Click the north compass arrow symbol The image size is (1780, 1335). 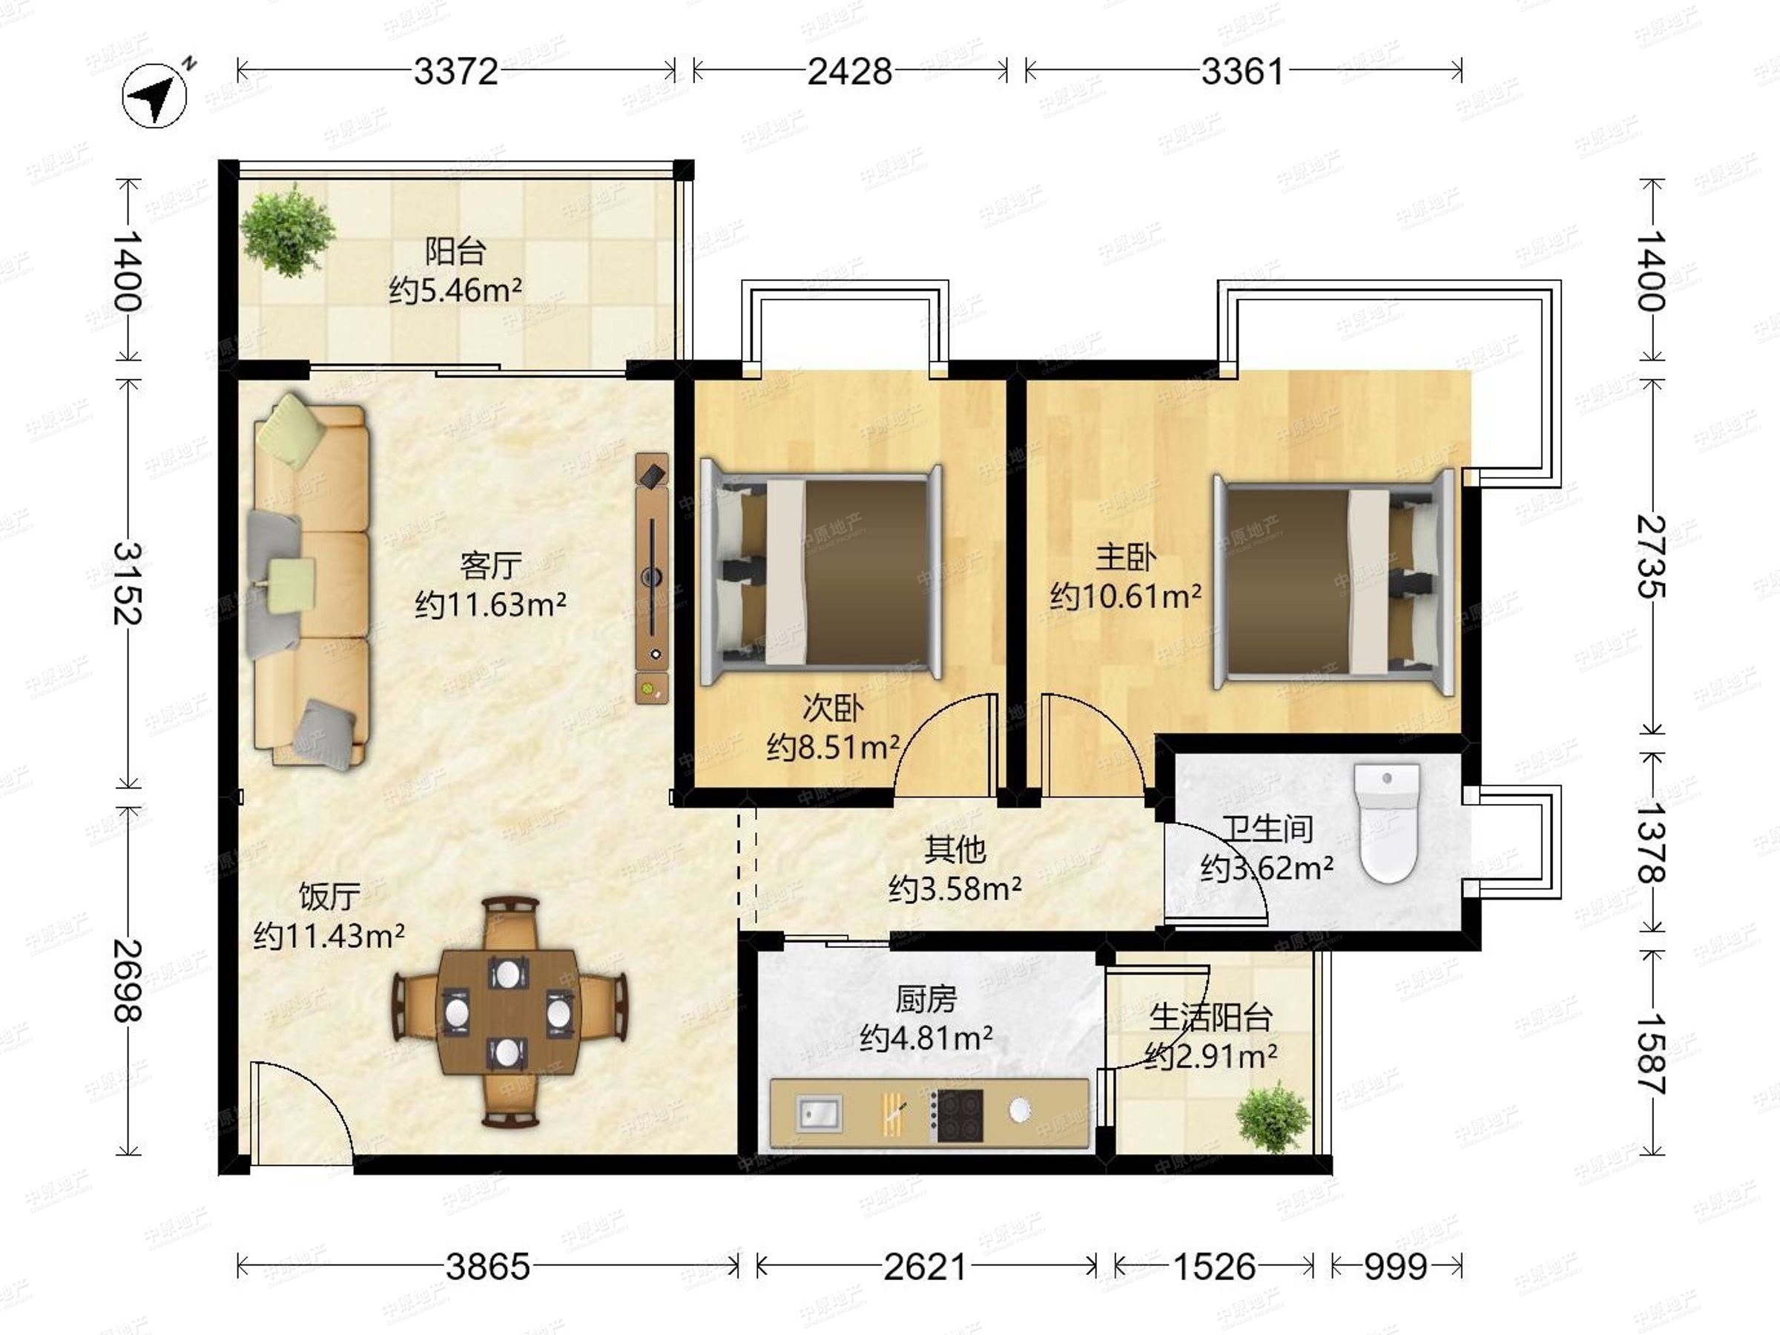pos(154,96)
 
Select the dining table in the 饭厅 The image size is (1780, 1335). pos(508,1013)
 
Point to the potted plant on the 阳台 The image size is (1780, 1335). pos(286,229)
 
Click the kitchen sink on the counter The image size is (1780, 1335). pos(820,1114)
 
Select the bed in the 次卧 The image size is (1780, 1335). pos(822,573)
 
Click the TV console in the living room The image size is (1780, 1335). pos(652,578)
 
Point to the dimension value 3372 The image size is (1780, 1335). pos(456,72)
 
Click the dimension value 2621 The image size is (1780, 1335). pos(926,1268)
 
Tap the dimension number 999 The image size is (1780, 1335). pos(1395,1268)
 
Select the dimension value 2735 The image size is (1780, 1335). pos(1651,556)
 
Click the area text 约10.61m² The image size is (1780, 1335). pos(1126,596)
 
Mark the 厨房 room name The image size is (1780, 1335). pos(926,1001)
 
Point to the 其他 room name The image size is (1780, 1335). pos(955,849)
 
